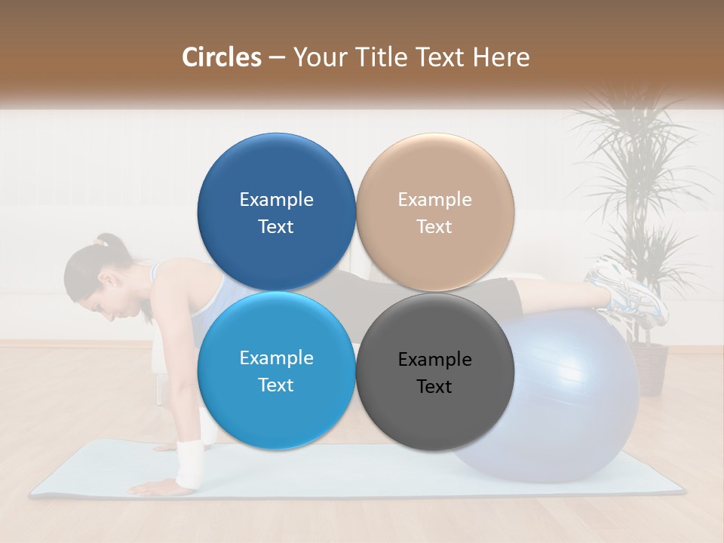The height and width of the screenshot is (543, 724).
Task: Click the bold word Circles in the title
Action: [222, 57]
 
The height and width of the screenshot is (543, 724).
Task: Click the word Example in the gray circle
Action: [434, 360]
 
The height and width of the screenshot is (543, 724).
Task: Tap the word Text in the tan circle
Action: [434, 227]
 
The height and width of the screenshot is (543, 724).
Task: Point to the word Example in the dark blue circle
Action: [276, 200]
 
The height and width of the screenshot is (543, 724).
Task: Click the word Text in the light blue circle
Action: [276, 385]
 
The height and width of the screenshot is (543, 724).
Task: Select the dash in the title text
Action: [277, 57]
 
